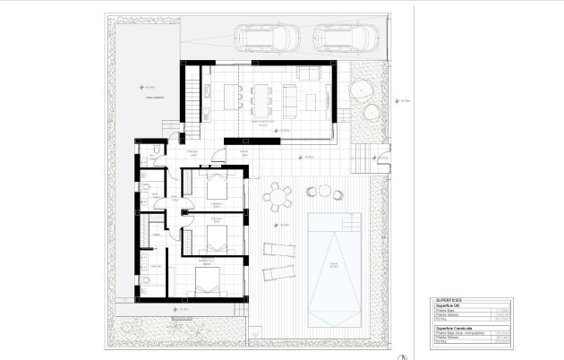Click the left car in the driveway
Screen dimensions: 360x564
tap(264, 38)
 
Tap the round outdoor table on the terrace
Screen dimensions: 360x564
tap(279, 194)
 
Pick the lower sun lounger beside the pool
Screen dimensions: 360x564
tap(279, 272)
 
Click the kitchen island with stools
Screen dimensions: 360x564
tap(232, 94)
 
